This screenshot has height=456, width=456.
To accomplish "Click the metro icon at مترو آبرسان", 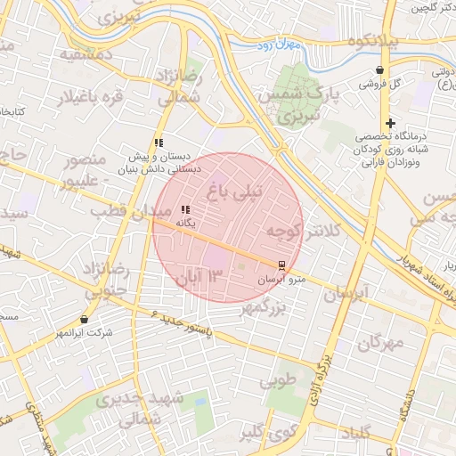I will [x=281, y=265].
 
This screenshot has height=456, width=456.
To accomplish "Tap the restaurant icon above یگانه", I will [x=185, y=209].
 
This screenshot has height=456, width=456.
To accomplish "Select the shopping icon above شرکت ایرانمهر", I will [x=85, y=319].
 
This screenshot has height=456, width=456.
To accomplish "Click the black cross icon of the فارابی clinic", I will [x=390, y=123].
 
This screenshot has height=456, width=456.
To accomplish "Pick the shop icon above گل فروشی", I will [x=381, y=69].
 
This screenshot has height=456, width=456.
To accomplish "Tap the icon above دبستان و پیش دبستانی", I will [x=159, y=142].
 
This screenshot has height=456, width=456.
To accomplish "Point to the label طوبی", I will [x=279, y=381].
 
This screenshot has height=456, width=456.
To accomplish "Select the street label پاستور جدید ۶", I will [x=183, y=323].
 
